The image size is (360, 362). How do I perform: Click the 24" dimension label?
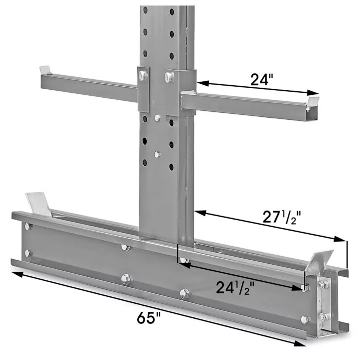point(261,79)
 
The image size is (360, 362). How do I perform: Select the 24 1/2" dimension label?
point(235,288)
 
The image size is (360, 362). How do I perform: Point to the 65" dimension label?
point(149,318)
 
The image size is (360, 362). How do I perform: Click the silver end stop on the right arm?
point(313,101)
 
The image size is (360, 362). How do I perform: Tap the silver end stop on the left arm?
point(45,69)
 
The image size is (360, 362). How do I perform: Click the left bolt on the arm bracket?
point(143,75)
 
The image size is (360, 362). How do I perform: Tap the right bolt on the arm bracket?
point(170,77)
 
